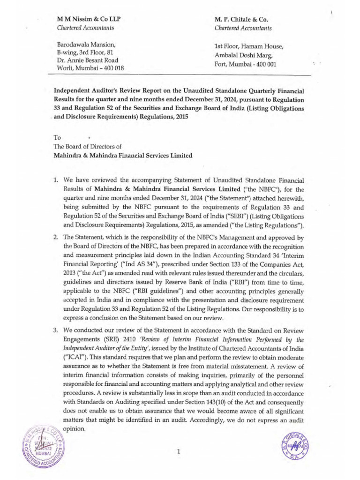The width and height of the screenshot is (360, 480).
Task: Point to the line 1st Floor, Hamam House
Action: coord(248,46)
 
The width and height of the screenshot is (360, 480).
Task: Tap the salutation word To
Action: coord(57,138)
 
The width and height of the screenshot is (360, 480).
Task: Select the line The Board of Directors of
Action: coord(89,147)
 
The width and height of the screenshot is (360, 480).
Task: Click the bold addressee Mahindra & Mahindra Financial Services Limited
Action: coord(123,156)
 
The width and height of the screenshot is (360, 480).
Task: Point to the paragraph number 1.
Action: coord(55,180)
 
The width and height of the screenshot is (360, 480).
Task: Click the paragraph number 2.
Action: coord(55,237)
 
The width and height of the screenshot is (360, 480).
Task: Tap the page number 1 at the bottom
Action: coord(179,451)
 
